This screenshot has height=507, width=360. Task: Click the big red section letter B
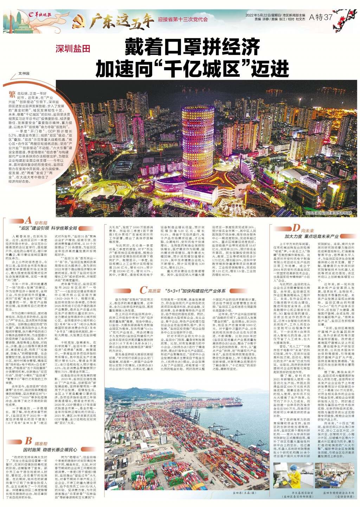point(28,442)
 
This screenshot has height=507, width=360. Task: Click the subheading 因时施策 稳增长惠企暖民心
point(50,449)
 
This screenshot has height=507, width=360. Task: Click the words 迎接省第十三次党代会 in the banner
point(183,20)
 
